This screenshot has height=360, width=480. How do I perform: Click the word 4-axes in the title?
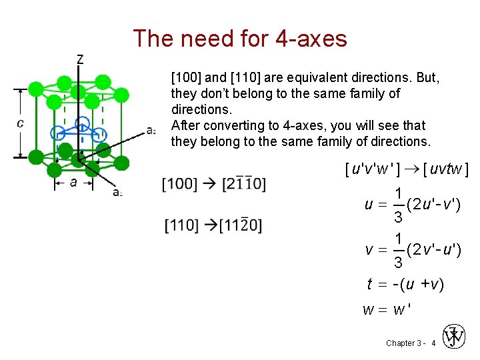click(309, 39)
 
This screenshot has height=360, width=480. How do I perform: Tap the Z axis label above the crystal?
click(81, 59)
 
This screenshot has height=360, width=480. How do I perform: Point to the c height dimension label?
click(21, 123)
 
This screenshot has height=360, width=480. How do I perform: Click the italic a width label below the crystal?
click(73, 181)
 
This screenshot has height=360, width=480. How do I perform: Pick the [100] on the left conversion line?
click(179, 183)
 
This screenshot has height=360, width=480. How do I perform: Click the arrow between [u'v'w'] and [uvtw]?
click(411, 170)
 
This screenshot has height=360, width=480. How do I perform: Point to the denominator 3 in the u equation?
click(398, 217)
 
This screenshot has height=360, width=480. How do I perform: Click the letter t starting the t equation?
click(369, 285)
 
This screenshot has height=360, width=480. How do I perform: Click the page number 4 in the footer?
click(433, 343)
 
